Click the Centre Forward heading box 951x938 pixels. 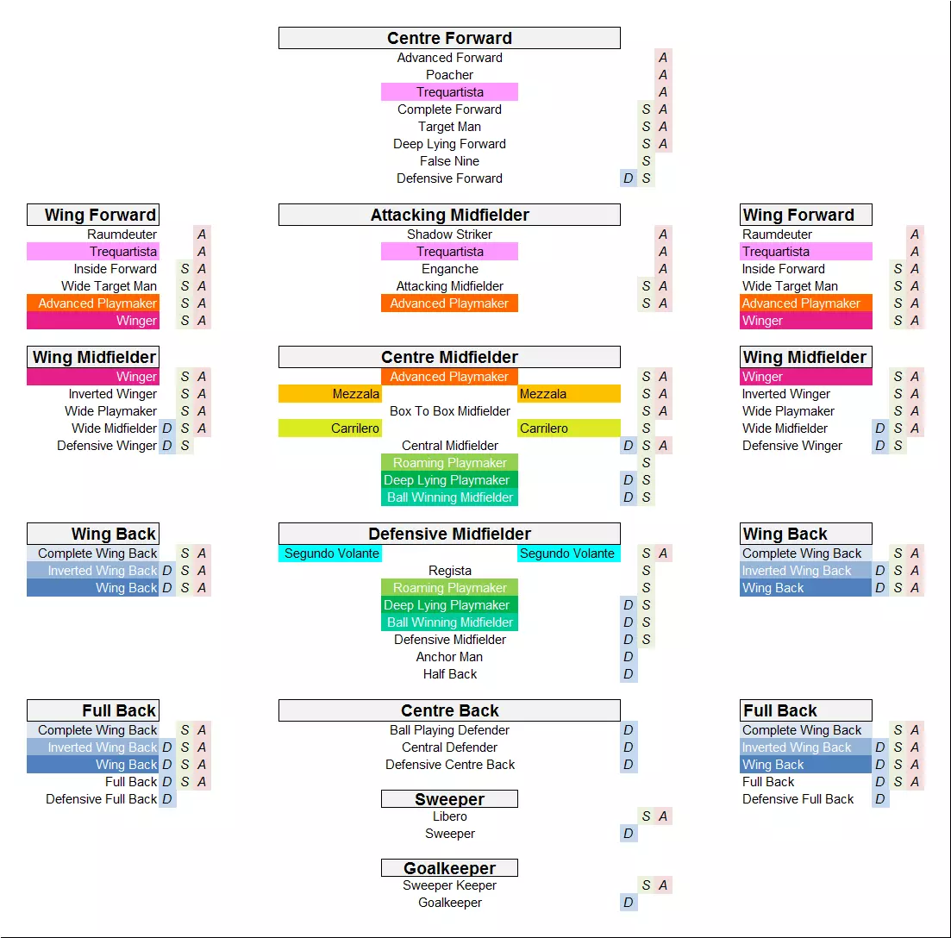[x=449, y=38]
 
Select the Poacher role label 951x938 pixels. [x=449, y=75]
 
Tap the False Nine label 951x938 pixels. [x=449, y=161]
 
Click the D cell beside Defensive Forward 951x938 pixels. [x=629, y=178]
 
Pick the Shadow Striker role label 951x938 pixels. [x=449, y=234]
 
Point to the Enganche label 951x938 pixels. [x=449, y=269]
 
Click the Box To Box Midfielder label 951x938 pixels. [x=449, y=411]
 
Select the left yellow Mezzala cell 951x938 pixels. [x=329, y=394]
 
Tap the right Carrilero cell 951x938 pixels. [x=568, y=428]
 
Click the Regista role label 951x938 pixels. [x=449, y=571]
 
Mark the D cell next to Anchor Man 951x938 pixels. [x=629, y=657]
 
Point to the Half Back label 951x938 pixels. [x=449, y=674]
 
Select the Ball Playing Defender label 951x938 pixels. [x=449, y=730]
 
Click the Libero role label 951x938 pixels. [x=449, y=816]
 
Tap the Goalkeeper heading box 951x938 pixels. [x=449, y=868]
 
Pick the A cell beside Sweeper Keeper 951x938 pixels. [x=663, y=885]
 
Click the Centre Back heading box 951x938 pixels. [x=449, y=710]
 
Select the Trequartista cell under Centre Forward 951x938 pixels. [x=449, y=92]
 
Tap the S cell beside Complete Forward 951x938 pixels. [x=646, y=109]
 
